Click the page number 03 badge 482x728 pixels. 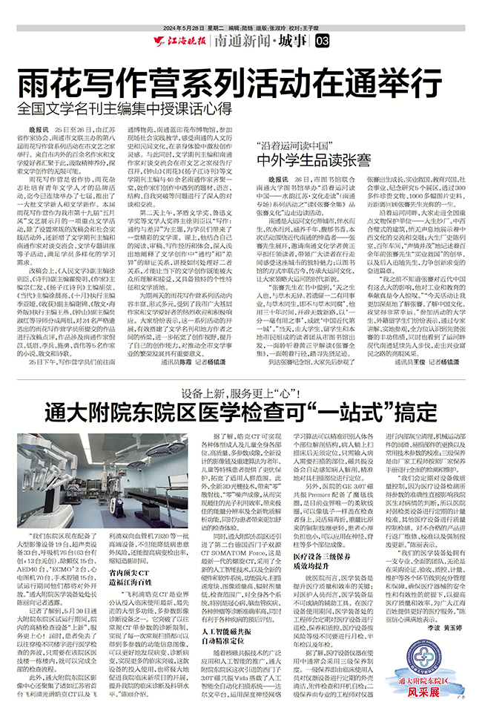(x=320, y=39)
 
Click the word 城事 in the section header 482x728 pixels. (x=293, y=39)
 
